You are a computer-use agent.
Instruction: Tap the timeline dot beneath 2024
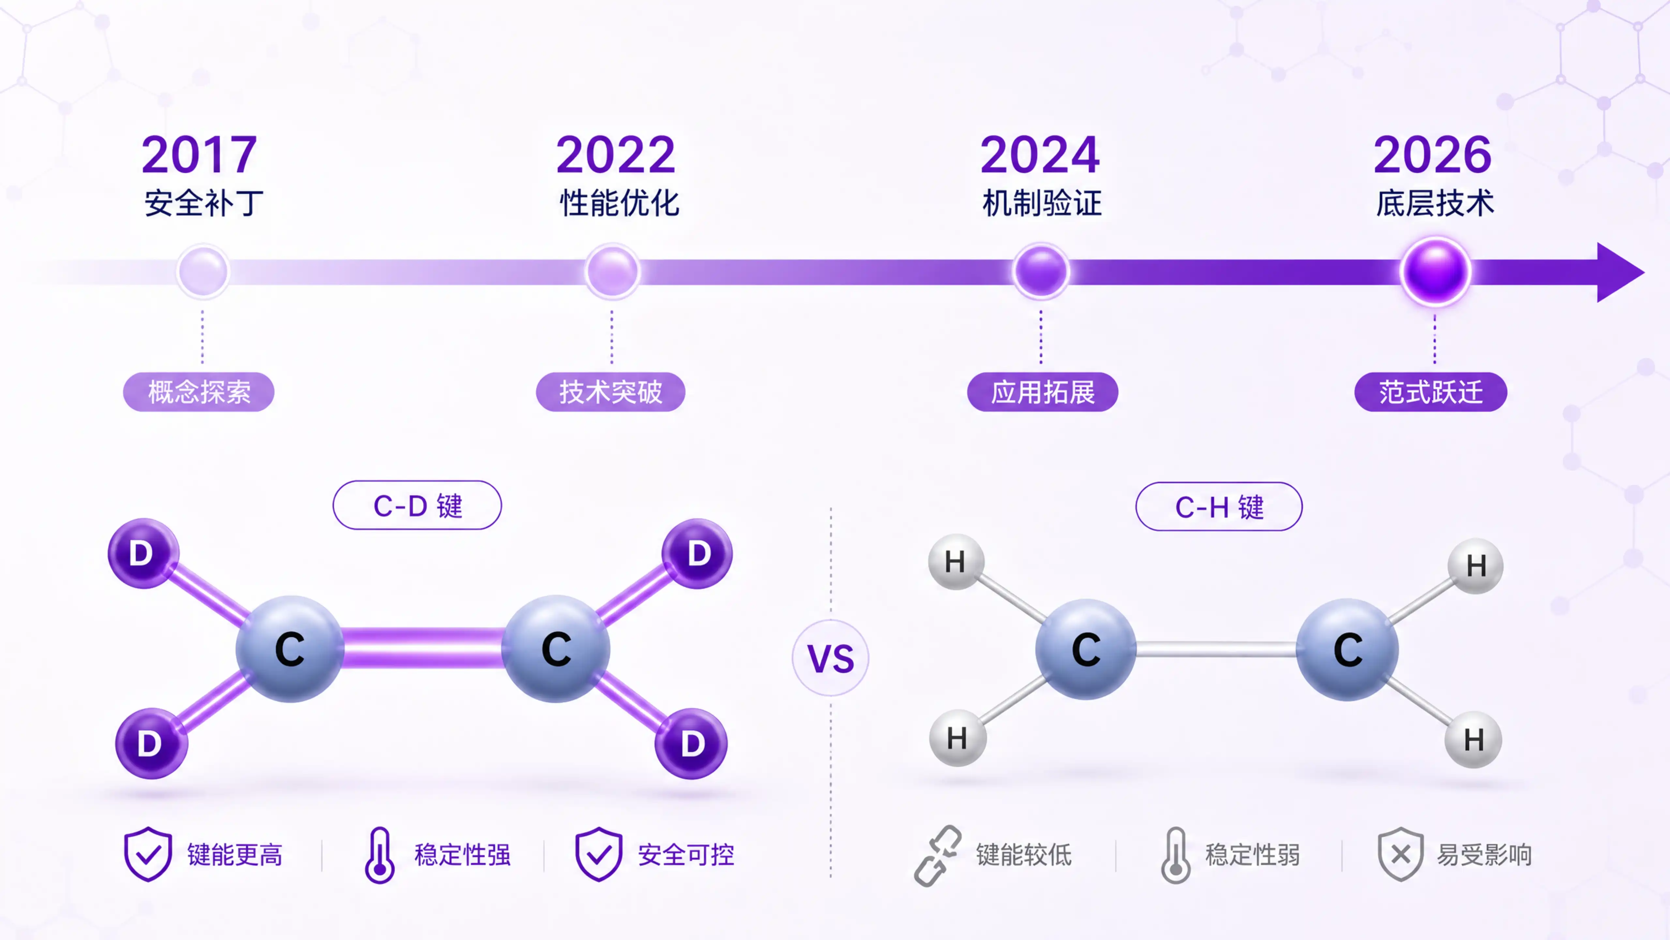[x=1041, y=271]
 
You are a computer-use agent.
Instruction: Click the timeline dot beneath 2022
[x=612, y=271]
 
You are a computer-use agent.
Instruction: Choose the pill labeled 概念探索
[x=199, y=392]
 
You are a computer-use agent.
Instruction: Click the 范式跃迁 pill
[x=1431, y=392]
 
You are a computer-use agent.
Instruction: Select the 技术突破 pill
[x=611, y=392]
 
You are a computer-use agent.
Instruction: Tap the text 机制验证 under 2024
[x=1042, y=203]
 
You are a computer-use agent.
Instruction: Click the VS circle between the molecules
[x=830, y=658]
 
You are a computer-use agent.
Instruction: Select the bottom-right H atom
[x=1474, y=740]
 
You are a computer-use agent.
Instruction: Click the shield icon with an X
[x=1400, y=854]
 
